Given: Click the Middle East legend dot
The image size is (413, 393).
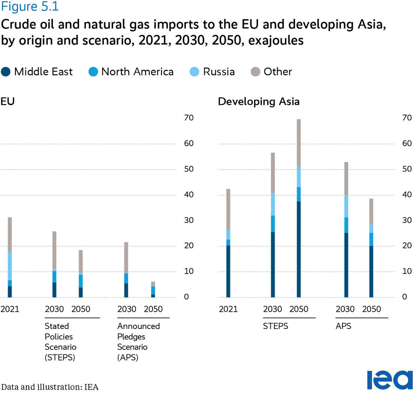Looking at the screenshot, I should click(x=6, y=72).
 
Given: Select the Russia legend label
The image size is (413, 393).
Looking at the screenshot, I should click(x=219, y=72).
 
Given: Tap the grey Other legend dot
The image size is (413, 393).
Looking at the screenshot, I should click(x=255, y=72).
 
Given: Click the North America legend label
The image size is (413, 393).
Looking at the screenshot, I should click(x=137, y=72).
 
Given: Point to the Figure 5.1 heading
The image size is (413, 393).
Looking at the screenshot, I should click(x=30, y=7).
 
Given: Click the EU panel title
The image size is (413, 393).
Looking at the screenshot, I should click(x=7, y=102).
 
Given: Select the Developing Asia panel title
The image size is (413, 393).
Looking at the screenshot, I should click(x=259, y=102).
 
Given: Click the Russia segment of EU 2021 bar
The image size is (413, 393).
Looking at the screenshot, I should click(x=10, y=266).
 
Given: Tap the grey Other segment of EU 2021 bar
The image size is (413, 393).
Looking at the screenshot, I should click(x=10, y=235).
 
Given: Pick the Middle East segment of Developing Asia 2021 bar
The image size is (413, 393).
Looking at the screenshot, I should click(x=228, y=271).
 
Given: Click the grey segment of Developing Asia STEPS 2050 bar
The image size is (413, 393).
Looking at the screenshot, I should click(x=299, y=143).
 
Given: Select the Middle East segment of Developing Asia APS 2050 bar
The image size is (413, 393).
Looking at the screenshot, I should click(x=371, y=271).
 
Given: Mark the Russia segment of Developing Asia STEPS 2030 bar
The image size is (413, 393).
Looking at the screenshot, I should click(x=273, y=204).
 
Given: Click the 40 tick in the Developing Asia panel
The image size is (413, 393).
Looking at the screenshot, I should click(x=407, y=195).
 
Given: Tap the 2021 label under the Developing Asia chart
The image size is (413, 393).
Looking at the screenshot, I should click(x=228, y=309).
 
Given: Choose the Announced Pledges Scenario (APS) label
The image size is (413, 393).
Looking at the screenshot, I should click(x=138, y=342).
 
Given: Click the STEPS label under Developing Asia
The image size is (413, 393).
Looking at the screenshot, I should click(x=275, y=326).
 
